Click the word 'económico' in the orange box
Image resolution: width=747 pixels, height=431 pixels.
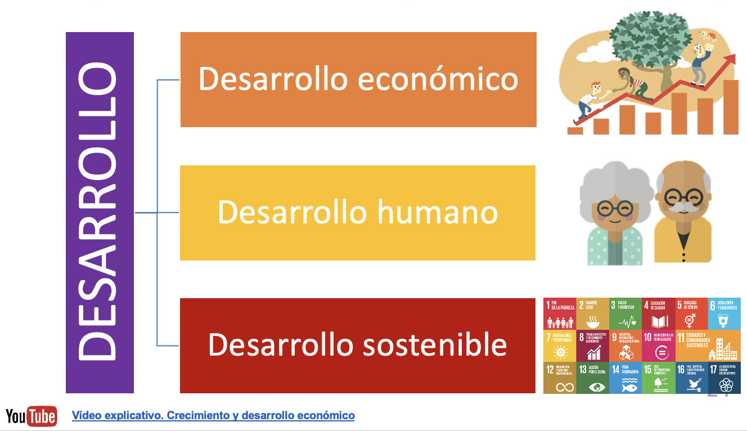click(438, 79)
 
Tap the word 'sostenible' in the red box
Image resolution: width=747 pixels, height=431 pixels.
click(427, 344)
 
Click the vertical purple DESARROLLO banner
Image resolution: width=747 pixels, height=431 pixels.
click(100, 212)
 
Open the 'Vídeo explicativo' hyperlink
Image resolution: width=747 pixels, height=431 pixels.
click(213, 416)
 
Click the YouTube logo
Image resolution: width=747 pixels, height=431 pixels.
click(31, 416)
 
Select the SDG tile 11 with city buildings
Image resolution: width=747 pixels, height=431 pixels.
click(708, 345)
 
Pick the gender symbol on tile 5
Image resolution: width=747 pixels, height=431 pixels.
click(690, 321)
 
